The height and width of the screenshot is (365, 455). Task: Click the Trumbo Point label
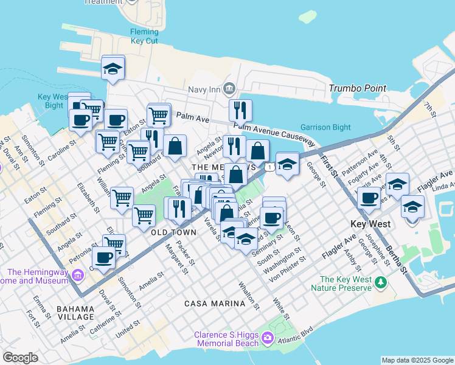point(358,88)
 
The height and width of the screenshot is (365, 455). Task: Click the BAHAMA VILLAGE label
point(75,313)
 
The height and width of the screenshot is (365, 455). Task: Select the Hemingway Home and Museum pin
point(77,276)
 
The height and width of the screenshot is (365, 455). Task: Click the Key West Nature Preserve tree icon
point(381,282)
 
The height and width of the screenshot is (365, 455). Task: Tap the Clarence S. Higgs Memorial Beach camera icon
point(268,337)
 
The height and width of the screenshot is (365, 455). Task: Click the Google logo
point(20,358)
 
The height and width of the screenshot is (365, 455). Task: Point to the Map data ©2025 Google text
point(417,360)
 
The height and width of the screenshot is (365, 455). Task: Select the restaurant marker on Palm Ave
point(241,110)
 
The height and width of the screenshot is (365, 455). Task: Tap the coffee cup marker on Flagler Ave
point(369,198)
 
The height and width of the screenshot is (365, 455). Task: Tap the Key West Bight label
point(51,101)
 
